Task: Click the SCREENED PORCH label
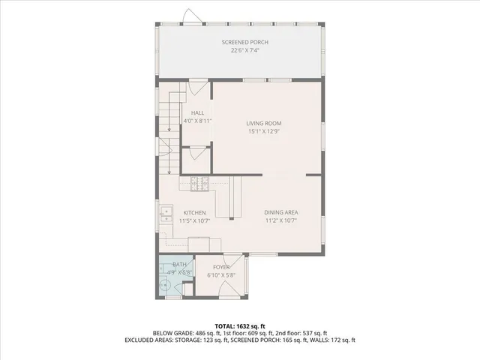click(x=244, y=43)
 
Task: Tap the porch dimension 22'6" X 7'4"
click(x=244, y=51)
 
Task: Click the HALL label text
click(x=197, y=112)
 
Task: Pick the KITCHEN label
click(x=193, y=213)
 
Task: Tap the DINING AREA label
click(x=281, y=213)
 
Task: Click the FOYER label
click(x=221, y=267)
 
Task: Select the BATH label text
click(x=179, y=265)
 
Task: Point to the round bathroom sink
click(x=166, y=285)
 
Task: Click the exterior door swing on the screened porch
click(x=193, y=16)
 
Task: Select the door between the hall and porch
click(x=198, y=88)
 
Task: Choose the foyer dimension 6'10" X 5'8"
click(x=221, y=275)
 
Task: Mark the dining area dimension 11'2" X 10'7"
click(x=281, y=221)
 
